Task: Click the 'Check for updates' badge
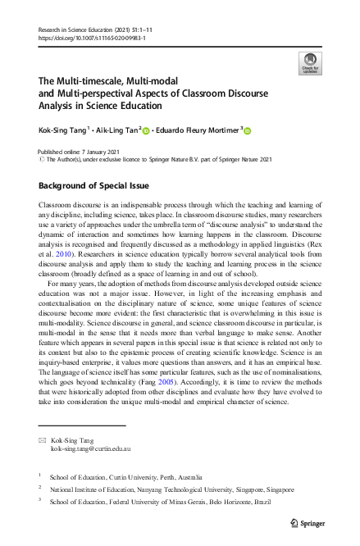(309, 62)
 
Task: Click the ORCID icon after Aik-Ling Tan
(146, 131)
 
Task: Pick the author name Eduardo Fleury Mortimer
(198, 130)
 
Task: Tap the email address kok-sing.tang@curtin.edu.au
(92, 449)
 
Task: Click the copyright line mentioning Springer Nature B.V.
(158, 159)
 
